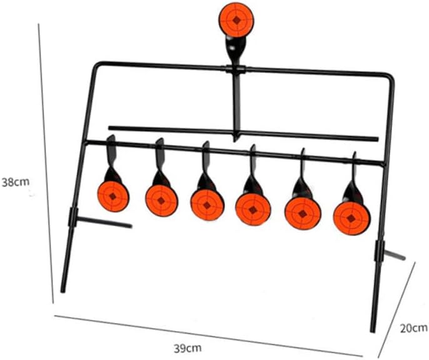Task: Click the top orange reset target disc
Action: (236, 21)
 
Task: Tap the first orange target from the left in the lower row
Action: (113, 197)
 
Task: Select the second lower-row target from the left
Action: (161, 200)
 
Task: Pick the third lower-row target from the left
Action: (206, 204)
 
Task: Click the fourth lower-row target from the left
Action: (253, 207)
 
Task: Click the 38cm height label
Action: (14, 182)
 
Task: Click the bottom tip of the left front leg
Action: (63, 291)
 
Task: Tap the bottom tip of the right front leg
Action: (373, 329)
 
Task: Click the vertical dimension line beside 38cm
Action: (44, 156)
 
